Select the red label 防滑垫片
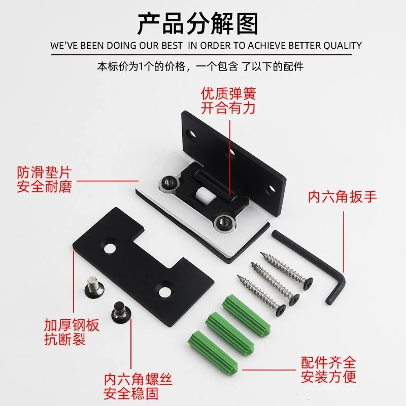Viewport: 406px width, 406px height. coord(45,173)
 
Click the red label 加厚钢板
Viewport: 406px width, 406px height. coord(72,326)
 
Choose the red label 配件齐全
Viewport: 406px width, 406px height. coord(328,363)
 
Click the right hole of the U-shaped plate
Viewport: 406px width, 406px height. coord(164,289)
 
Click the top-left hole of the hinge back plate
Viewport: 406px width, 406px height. coord(191,134)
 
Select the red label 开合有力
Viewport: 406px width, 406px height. coord(228,108)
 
